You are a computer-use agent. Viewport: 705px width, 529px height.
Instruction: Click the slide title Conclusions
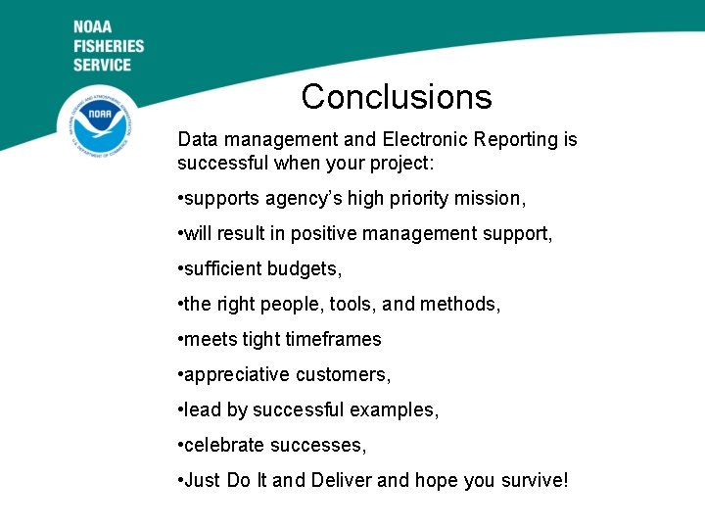397,97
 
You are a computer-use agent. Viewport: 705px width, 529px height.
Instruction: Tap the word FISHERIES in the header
108,46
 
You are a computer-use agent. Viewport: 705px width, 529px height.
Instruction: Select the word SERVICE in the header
102,65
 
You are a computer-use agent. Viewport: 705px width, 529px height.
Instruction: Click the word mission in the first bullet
491,199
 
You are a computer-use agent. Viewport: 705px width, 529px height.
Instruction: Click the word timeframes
334,340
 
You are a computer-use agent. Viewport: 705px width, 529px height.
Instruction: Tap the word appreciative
237,375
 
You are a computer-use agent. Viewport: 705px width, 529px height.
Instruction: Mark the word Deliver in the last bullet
342,481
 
